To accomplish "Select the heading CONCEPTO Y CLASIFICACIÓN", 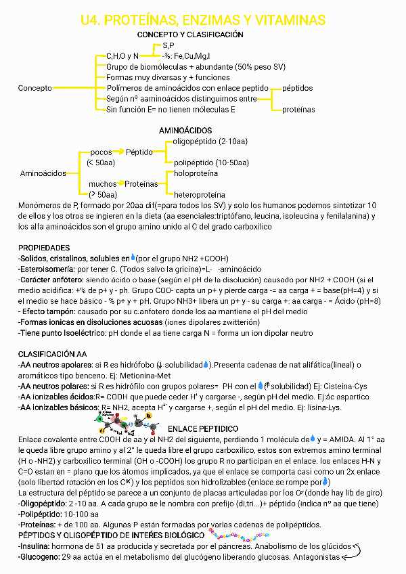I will tap(190, 34).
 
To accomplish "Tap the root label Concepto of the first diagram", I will tap(35, 88).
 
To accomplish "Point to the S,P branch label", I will tap(168, 45).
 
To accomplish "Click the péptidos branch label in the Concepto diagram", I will tap(297, 88).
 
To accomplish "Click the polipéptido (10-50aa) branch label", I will tap(211, 162).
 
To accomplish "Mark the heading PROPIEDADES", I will tap(44, 248).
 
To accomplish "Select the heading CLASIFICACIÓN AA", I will tap(52, 354).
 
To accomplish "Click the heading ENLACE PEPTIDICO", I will tap(202, 428).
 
